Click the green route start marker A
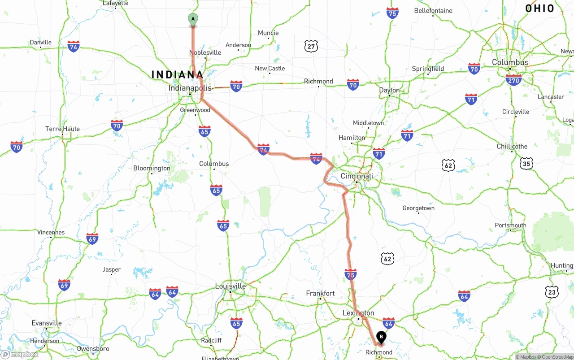pyautogui.click(x=193, y=19)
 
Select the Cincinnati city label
pyautogui.click(x=357, y=176)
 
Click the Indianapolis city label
pyautogui.click(x=190, y=88)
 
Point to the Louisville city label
pyautogui.click(x=230, y=286)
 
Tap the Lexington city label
pyautogui.click(x=358, y=313)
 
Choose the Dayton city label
pyautogui.click(x=389, y=90)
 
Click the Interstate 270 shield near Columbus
pyautogui.click(x=513, y=80)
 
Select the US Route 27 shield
pyautogui.click(x=311, y=46)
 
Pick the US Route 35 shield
pyautogui.click(x=526, y=163)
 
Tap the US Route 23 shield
pyautogui.click(x=552, y=291)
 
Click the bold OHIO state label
pyautogui.click(x=540, y=9)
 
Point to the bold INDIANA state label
pyautogui.click(x=178, y=75)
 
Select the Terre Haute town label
pyautogui.click(x=62, y=129)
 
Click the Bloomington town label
pyautogui.click(x=152, y=168)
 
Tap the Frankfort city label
pyautogui.click(x=320, y=293)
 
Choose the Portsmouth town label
pyautogui.click(x=510, y=225)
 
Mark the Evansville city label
pyautogui.click(x=47, y=323)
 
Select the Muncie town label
pyautogui.click(x=268, y=33)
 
